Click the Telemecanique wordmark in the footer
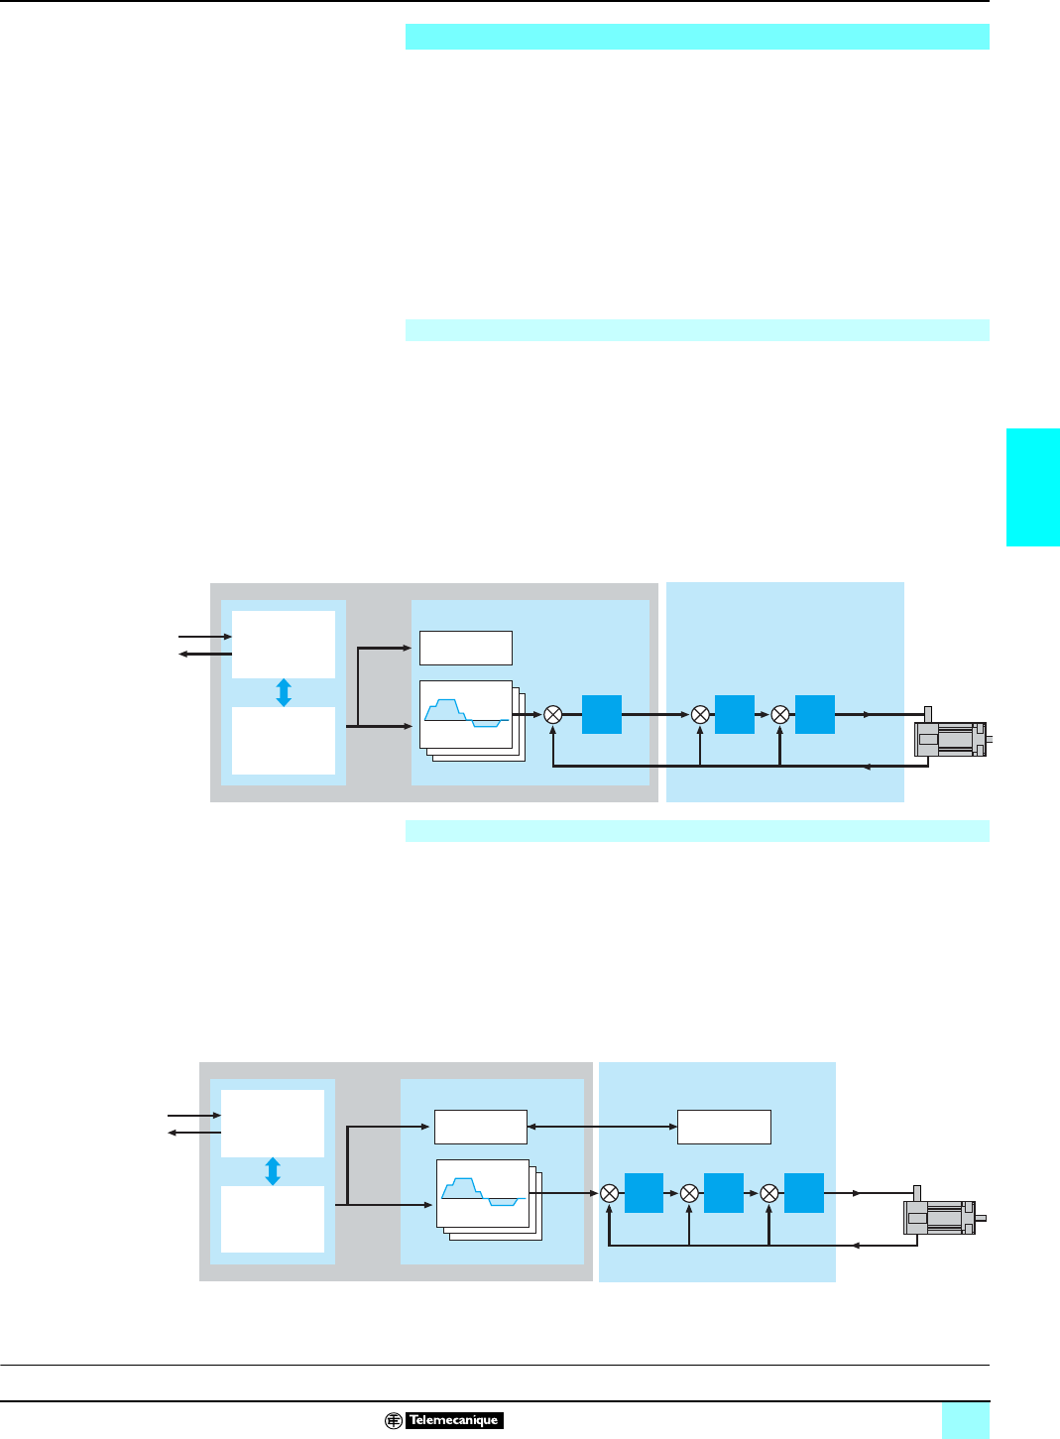click(x=454, y=1420)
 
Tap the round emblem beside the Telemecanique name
click(x=394, y=1420)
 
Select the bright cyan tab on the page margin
click(x=1032, y=487)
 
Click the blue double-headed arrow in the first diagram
click(x=284, y=692)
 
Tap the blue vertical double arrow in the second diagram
click(x=273, y=1171)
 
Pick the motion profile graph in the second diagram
click(x=483, y=1193)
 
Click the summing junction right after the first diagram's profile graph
click(x=553, y=714)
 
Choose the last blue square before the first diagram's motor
click(x=815, y=714)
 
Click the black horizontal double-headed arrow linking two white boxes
click(x=602, y=1127)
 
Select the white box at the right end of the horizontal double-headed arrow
click(x=724, y=1127)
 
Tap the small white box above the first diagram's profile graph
click(x=465, y=648)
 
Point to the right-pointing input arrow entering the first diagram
click(x=204, y=637)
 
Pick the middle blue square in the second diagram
click(x=724, y=1193)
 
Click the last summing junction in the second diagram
click(x=769, y=1193)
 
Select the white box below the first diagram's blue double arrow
click(x=284, y=740)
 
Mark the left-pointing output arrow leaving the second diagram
click(x=194, y=1133)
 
